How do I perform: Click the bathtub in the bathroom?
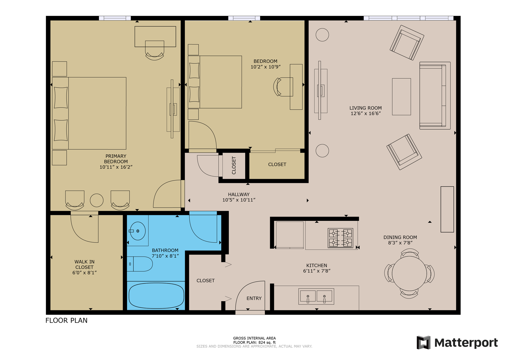[156, 296]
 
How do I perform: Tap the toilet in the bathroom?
[141, 264]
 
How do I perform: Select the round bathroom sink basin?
[138, 231]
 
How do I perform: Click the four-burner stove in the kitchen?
[340, 238]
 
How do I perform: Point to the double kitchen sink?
[316, 296]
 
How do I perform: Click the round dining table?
[409, 274]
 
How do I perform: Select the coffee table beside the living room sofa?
[401, 96]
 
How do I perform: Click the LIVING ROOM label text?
[365, 108]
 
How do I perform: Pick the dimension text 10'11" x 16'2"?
[116, 167]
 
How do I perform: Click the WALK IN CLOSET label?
[84, 264]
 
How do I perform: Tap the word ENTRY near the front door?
[254, 298]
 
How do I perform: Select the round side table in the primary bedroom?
[96, 200]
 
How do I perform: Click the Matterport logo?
[457, 343]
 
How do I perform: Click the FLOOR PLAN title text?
[66, 320]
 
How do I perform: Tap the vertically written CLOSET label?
[234, 165]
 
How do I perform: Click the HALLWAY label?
[239, 194]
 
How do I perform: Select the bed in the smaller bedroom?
[215, 82]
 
